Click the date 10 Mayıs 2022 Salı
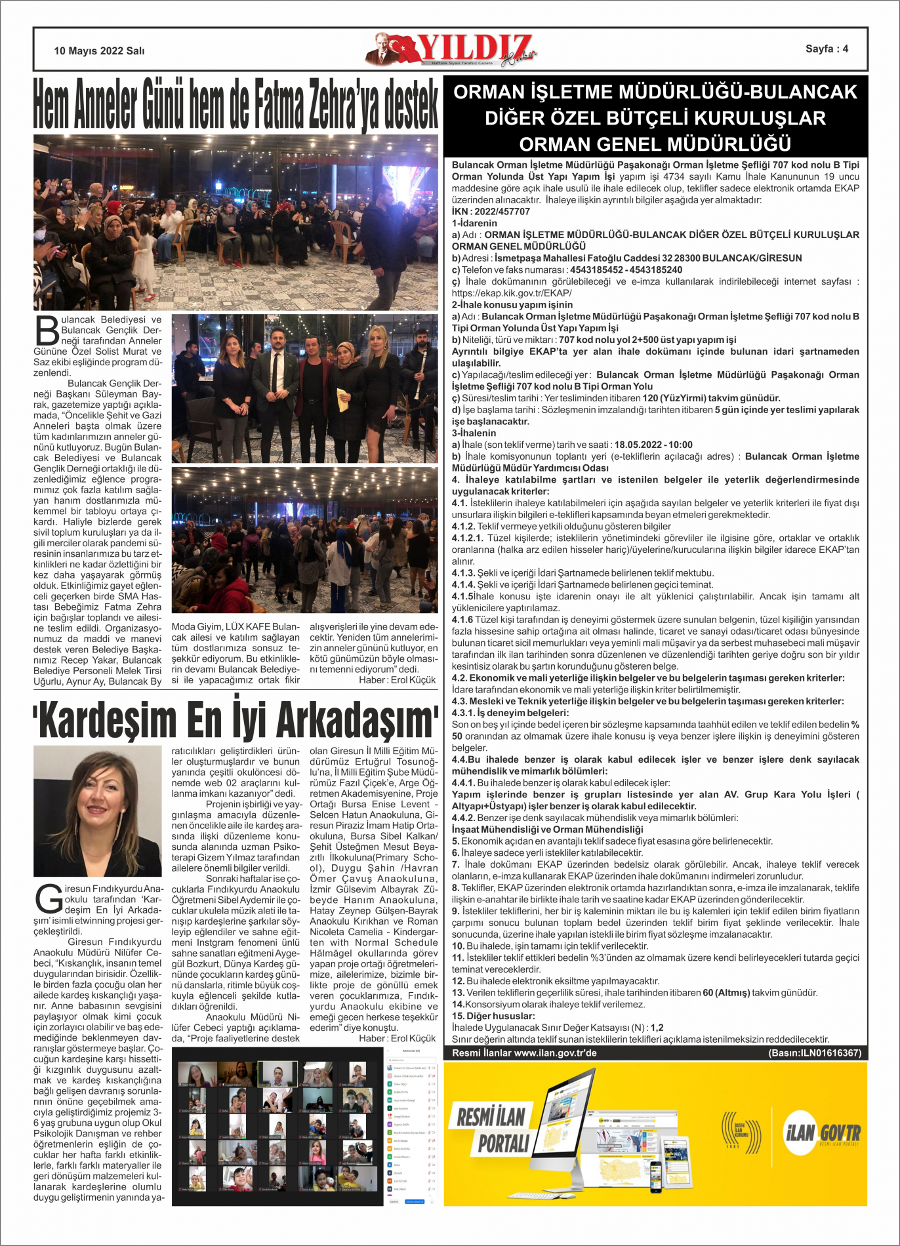(x=99, y=51)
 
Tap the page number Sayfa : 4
(x=827, y=49)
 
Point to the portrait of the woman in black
(x=97, y=811)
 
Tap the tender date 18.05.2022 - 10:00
(x=653, y=445)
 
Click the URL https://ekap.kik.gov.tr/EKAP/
(x=512, y=293)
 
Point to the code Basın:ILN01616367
(x=814, y=1053)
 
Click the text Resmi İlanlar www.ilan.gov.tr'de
(x=524, y=1053)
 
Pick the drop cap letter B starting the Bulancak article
(x=47, y=330)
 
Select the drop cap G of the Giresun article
(x=49, y=899)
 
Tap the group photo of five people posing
(x=304, y=388)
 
